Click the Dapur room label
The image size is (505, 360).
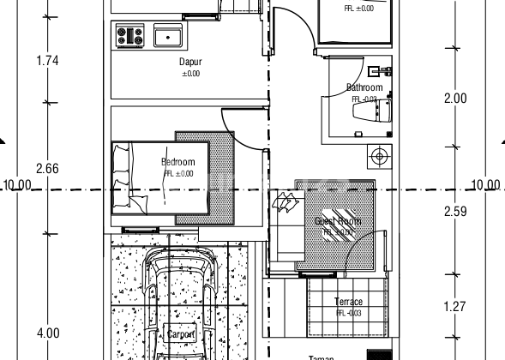coord(190,63)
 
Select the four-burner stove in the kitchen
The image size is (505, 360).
coord(131,36)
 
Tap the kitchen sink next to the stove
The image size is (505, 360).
coord(167,36)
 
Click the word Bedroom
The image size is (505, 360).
coord(178,162)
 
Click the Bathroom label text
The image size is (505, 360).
coord(364,87)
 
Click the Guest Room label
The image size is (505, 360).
coord(337,221)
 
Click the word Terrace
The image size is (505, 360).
coord(348,302)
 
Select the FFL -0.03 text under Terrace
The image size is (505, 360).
coord(348,313)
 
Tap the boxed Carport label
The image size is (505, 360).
coord(181,334)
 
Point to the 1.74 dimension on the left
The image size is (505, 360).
coord(47,61)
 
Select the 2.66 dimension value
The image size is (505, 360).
coord(47,169)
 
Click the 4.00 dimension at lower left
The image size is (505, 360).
coord(47,333)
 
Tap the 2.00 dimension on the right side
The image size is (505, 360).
coord(455,99)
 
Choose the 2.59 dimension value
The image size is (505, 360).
coord(455,212)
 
